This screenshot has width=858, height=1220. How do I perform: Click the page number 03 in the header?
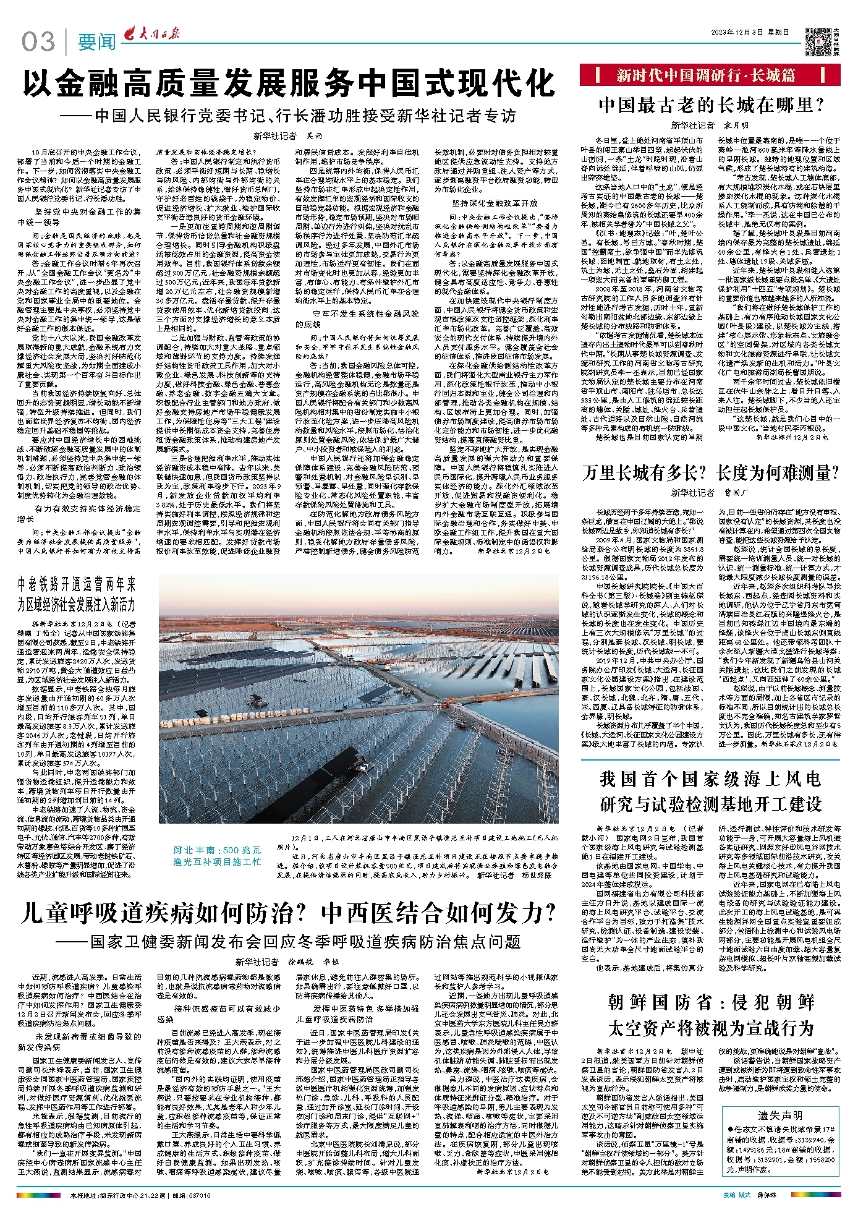(38, 42)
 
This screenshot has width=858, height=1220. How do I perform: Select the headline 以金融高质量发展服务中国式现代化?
(289, 83)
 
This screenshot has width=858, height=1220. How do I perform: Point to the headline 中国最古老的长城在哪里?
(711, 105)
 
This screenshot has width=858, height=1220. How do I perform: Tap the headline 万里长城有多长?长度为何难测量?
(711, 473)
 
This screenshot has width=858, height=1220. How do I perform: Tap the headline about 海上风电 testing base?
(711, 791)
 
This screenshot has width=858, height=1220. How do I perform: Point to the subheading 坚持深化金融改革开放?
(494, 203)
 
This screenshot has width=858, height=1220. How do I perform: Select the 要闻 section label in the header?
(97, 42)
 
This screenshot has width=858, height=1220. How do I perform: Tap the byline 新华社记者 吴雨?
(288, 135)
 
